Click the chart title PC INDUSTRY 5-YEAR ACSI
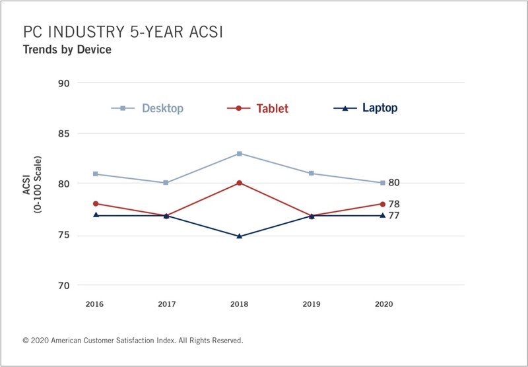point(122,32)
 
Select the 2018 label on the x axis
point(239,304)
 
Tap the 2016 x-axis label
point(95,304)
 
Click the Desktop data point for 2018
point(239,153)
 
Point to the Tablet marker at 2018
point(239,183)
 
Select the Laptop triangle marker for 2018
point(239,236)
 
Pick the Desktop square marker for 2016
point(95,174)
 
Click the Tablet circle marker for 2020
point(383,204)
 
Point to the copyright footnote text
point(133,341)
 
